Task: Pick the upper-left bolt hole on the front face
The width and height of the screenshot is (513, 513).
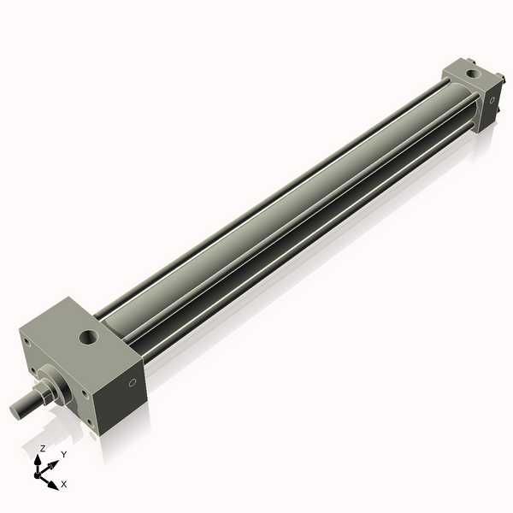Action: tap(27, 343)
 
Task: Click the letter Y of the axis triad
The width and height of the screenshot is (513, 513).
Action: tap(63, 455)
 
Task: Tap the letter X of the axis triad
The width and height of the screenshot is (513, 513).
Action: tap(64, 484)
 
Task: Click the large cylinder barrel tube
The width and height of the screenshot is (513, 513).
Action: tap(282, 214)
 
